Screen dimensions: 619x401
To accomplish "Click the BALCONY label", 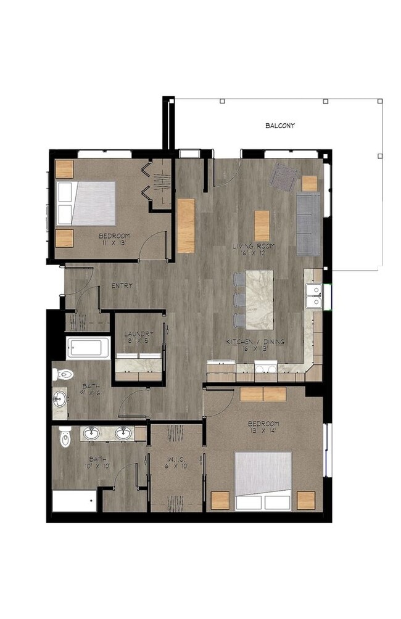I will pyautogui.click(x=280, y=126).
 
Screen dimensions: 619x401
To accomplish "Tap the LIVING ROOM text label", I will pyautogui.click(x=254, y=247).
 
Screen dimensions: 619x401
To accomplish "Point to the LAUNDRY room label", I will pyautogui.click(x=138, y=335).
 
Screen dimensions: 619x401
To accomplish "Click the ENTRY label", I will pyautogui.click(x=122, y=286).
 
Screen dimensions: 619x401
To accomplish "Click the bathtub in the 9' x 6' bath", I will pyautogui.click(x=88, y=348).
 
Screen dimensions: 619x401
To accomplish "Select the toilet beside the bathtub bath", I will pyautogui.click(x=63, y=374).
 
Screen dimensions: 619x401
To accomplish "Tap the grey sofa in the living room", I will pyautogui.click(x=307, y=223).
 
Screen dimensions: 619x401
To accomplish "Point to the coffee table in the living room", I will pyautogui.click(x=262, y=226).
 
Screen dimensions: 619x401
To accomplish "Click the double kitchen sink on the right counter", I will pyautogui.click(x=314, y=295).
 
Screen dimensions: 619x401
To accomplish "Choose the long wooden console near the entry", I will pyautogui.click(x=186, y=226).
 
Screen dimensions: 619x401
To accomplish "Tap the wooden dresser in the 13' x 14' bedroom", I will pyautogui.click(x=263, y=395).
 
